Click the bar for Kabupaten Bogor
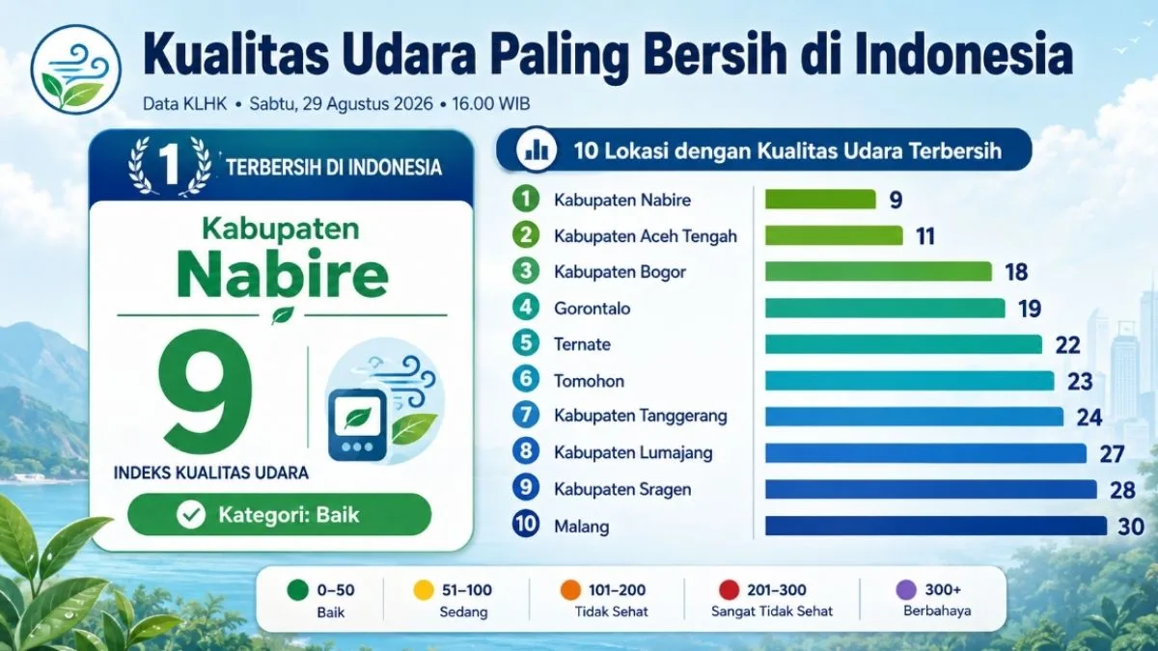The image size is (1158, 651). pyautogui.click(x=878, y=271)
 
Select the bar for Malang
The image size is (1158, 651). pyautogui.click(x=936, y=526)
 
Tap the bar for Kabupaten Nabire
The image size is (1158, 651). pyautogui.click(x=820, y=199)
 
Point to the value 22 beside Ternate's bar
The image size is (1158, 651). pyautogui.click(x=1067, y=345)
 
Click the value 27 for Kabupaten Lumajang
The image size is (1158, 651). pyautogui.click(x=1112, y=454)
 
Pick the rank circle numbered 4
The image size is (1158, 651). pyautogui.click(x=526, y=308)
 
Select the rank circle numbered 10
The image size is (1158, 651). pyautogui.click(x=526, y=524)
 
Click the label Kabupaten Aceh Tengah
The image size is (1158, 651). pyautogui.click(x=646, y=236)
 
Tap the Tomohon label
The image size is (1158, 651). pyautogui.click(x=589, y=381)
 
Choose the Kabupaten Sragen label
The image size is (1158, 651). pyautogui.click(x=622, y=489)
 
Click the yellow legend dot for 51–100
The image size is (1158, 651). pyautogui.click(x=424, y=590)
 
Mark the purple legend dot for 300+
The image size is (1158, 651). pyautogui.click(x=906, y=589)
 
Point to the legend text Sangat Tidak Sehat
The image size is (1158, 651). pyautogui.click(x=772, y=611)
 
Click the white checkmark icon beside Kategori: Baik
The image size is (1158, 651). pyautogui.click(x=191, y=515)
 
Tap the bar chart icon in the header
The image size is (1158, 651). pyautogui.click(x=537, y=149)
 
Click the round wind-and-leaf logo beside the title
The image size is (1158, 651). pyautogui.click(x=76, y=69)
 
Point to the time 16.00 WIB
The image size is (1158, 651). pyautogui.click(x=491, y=104)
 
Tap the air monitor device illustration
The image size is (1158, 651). pyautogui.click(x=358, y=424)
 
